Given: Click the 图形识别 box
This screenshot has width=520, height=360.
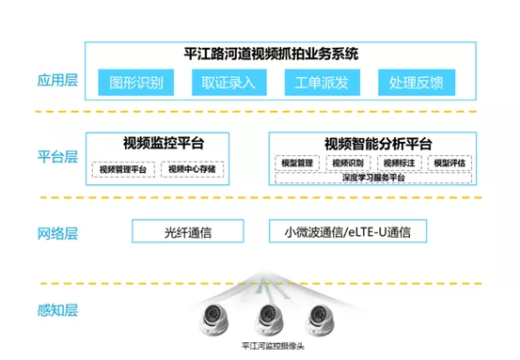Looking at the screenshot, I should pyautogui.click(x=136, y=83).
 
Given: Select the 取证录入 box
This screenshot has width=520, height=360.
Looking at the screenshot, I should pyautogui.click(x=228, y=83).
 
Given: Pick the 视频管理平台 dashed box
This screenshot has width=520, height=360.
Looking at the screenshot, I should pyautogui.click(x=123, y=169).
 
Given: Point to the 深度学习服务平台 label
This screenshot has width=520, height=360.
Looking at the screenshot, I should pyautogui.click(x=373, y=178).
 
